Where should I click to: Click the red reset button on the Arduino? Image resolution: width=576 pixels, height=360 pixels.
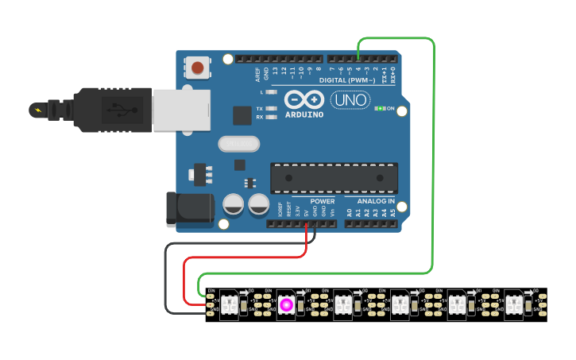click(198, 68)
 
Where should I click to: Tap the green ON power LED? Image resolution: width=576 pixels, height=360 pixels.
click(380, 108)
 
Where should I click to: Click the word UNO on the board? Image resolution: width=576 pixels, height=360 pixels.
click(349, 100)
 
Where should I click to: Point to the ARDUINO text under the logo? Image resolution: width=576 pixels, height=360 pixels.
click(303, 114)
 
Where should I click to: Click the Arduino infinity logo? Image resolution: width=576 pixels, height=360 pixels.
click(303, 100)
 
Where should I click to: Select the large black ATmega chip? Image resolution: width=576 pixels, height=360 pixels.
click(334, 178)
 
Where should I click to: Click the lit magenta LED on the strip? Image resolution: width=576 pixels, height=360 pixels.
click(286, 304)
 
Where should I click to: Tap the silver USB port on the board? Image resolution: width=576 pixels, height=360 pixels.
click(181, 109)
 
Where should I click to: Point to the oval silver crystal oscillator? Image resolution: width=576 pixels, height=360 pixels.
click(238, 144)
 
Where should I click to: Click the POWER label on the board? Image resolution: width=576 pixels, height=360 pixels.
click(323, 201)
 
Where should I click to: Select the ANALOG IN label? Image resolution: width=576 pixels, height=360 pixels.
click(376, 201)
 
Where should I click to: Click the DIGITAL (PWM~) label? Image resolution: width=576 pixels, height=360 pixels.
click(346, 80)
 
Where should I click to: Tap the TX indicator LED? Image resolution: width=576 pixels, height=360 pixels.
click(272, 108)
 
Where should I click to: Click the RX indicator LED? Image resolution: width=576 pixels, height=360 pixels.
click(272, 117)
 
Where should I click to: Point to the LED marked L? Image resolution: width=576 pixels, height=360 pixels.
click(272, 92)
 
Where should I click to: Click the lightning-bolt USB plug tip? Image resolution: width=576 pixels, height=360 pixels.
click(37, 109)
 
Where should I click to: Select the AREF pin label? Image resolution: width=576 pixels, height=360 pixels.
click(257, 74)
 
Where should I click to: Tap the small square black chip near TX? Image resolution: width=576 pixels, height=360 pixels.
click(242, 115)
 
